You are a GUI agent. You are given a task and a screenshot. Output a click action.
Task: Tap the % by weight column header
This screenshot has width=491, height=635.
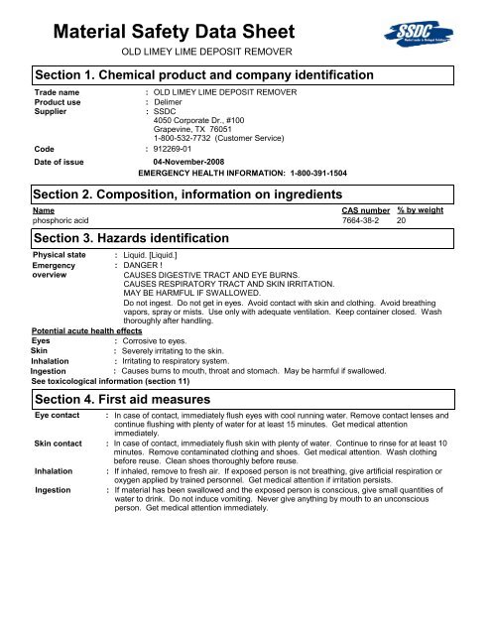tap(421, 211)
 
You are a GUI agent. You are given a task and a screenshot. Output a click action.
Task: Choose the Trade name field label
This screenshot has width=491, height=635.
tap(58, 91)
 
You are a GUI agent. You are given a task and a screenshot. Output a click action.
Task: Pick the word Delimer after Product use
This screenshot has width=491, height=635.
tap(171, 102)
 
